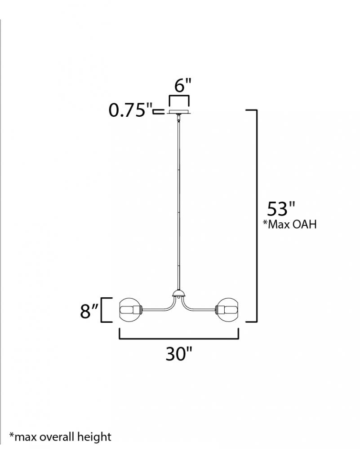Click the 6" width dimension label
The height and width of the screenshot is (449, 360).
click(x=182, y=85)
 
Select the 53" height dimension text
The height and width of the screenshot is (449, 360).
click(x=281, y=209)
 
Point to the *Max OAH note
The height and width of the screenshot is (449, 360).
click(x=290, y=224)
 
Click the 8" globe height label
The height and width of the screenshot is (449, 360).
click(x=89, y=311)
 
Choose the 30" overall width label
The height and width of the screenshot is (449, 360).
click(x=178, y=354)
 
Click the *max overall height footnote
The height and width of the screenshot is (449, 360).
click(x=60, y=437)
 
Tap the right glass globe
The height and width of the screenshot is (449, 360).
click(x=228, y=310)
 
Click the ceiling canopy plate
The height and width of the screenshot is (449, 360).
click(x=179, y=112)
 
